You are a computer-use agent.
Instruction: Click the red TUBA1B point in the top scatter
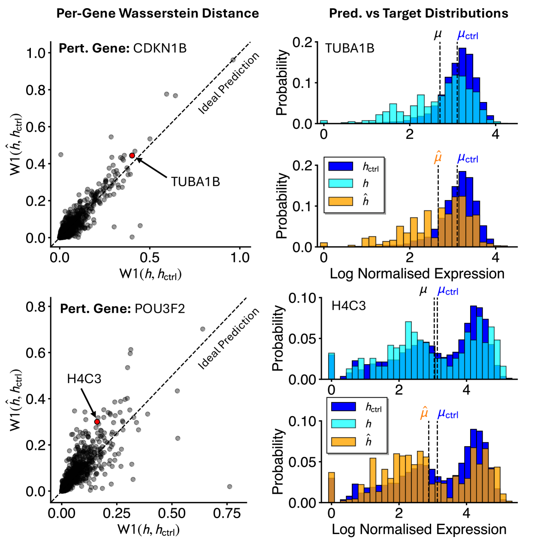click(132, 156)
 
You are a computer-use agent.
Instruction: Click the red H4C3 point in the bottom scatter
click(97, 422)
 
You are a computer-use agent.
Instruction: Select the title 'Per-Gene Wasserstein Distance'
click(158, 13)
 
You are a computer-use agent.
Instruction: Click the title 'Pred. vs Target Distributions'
click(418, 13)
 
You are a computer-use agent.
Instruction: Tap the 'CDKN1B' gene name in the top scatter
click(160, 48)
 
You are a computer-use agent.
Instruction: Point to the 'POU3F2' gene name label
click(159, 309)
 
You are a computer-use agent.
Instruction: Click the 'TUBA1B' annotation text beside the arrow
click(195, 182)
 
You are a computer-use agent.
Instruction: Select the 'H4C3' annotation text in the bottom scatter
click(84, 379)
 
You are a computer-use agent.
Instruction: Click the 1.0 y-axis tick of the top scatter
click(36, 53)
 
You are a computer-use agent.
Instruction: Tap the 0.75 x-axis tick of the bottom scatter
click(227, 514)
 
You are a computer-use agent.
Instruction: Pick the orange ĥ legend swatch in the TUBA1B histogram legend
click(340, 201)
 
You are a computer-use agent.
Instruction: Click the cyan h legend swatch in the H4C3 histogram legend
click(343, 423)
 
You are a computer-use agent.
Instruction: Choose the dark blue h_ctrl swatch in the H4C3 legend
click(343, 406)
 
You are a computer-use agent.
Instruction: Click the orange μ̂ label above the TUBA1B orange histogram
click(438, 157)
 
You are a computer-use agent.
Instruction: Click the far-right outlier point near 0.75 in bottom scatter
click(229, 486)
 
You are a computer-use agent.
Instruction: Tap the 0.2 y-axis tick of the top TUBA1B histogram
click(302, 42)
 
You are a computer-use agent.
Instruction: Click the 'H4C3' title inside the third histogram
click(348, 306)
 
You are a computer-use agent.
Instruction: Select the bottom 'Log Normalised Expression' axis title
click(419, 529)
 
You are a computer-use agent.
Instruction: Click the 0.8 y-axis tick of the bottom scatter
click(36, 307)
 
